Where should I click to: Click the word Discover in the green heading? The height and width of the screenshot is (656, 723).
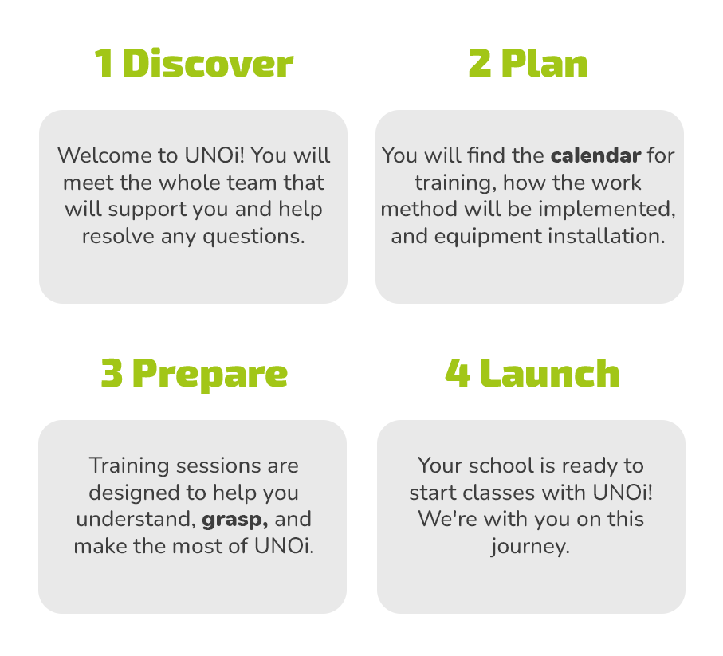(x=208, y=63)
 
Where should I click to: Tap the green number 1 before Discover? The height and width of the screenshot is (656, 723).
(x=104, y=63)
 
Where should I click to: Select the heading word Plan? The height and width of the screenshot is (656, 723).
(x=544, y=63)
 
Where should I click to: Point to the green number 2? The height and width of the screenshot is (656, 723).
(x=480, y=63)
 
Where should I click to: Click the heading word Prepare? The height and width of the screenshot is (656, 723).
(x=210, y=375)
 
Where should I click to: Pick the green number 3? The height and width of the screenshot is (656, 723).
(x=112, y=373)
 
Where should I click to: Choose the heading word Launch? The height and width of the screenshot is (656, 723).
(x=549, y=373)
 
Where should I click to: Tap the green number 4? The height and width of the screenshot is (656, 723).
(x=458, y=373)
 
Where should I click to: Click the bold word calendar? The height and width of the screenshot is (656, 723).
(x=595, y=155)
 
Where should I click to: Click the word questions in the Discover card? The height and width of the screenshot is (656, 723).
(x=253, y=238)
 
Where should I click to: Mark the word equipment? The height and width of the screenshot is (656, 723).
(x=488, y=238)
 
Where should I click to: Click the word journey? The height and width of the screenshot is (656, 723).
(x=530, y=548)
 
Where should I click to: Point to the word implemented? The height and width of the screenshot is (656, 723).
(x=607, y=210)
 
